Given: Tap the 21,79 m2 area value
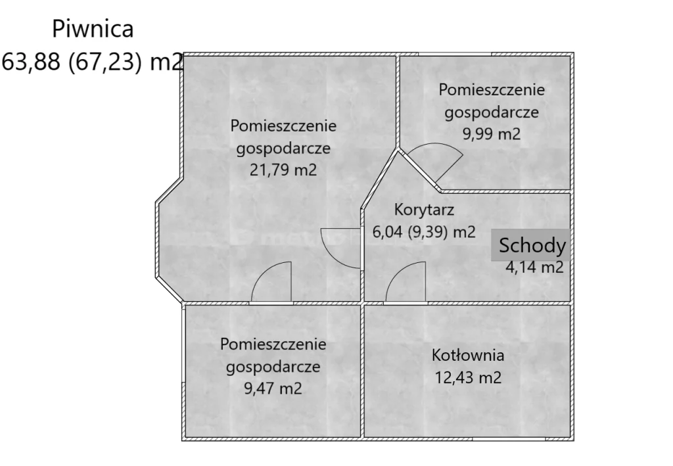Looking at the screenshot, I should pyautogui.click(x=283, y=170).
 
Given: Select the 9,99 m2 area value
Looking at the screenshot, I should pyautogui.click(x=492, y=134).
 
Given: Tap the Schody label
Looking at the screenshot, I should pyautogui.click(x=532, y=246).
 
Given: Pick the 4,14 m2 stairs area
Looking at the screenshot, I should pyautogui.click(x=534, y=267).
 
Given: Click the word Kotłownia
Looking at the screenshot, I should pyautogui.click(x=468, y=356).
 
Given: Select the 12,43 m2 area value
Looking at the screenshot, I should pyautogui.click(x=468, y=378).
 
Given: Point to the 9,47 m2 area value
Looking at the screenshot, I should pyautogui.click(x=273, y=388).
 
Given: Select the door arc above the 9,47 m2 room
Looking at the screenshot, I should pyautogui.click(x=271, y=283).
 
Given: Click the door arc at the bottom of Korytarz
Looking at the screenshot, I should pyautogui.click(x=406, y=283).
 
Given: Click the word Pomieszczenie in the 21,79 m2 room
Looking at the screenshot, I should pyautogui.click(x=283, y=126).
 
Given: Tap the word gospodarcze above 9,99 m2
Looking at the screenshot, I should pyautogui.click(x=492, y=112).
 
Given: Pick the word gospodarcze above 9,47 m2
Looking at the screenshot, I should pyautogui.click(x=273, y=366).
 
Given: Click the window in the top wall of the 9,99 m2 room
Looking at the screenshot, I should pyautogui.click(x=455, y=53).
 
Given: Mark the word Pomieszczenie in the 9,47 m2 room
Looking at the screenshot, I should pyautogui.click(x=273, y=344).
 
